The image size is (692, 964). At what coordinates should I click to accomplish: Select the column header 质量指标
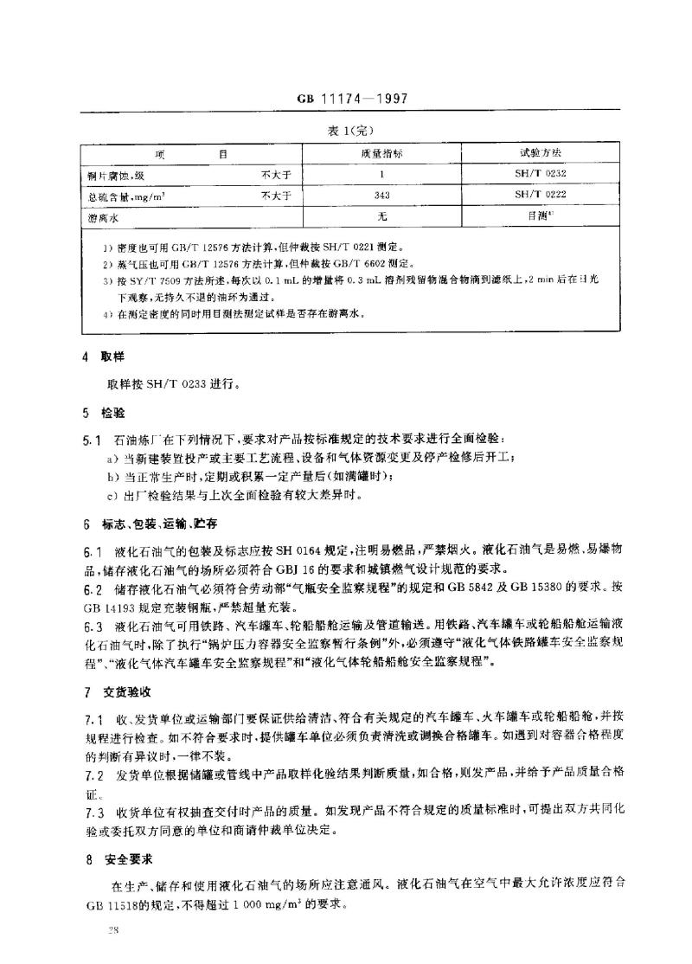tap(381, 153)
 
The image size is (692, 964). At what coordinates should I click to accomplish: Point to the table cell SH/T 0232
tap(541, 174)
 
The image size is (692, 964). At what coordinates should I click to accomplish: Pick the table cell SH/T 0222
tap(541, 196)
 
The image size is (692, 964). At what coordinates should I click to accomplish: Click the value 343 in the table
tap(381, 196)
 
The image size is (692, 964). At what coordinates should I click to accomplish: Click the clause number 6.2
tap(93, 588)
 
